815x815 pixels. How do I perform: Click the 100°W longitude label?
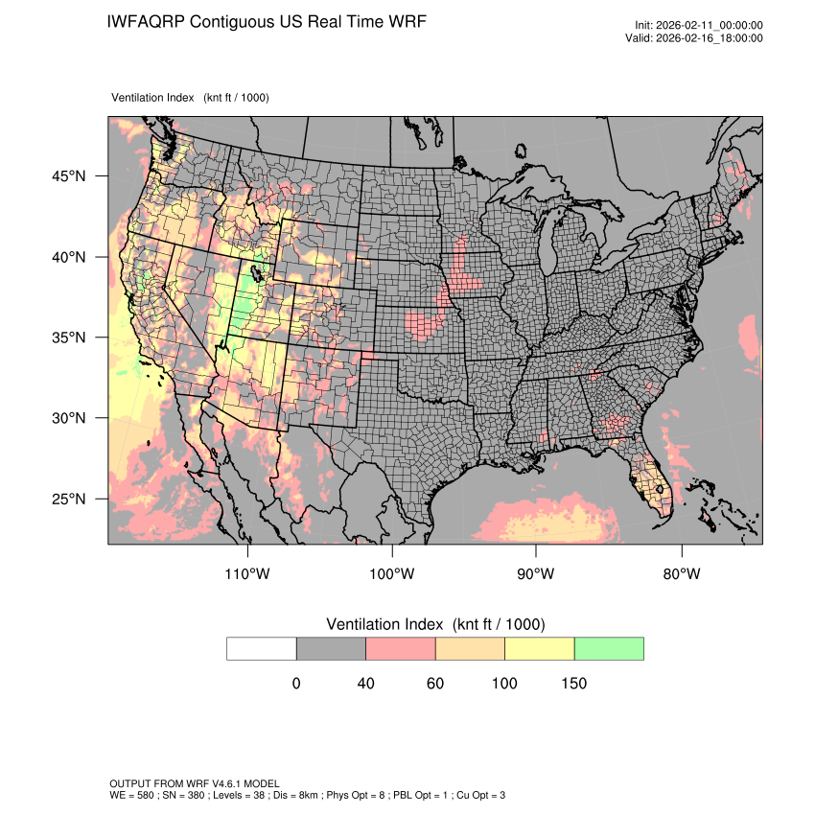(x=392, y=574)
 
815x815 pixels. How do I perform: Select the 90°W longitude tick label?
(x=536, y=574)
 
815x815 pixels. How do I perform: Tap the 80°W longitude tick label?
(x=681, y=574)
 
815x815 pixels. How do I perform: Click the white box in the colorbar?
(x=262, y=648)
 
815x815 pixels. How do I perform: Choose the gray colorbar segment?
(x=331, y=648)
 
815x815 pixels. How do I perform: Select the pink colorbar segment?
(x=401, y=648)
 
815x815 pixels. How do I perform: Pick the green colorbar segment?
(x=609, y=648)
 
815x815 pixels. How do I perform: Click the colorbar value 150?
(x=573, y=684)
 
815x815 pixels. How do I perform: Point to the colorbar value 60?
(x=434, y=684)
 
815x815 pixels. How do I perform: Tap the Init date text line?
(x=699, y=25)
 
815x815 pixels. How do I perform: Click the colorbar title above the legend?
(x=435, y=624)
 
